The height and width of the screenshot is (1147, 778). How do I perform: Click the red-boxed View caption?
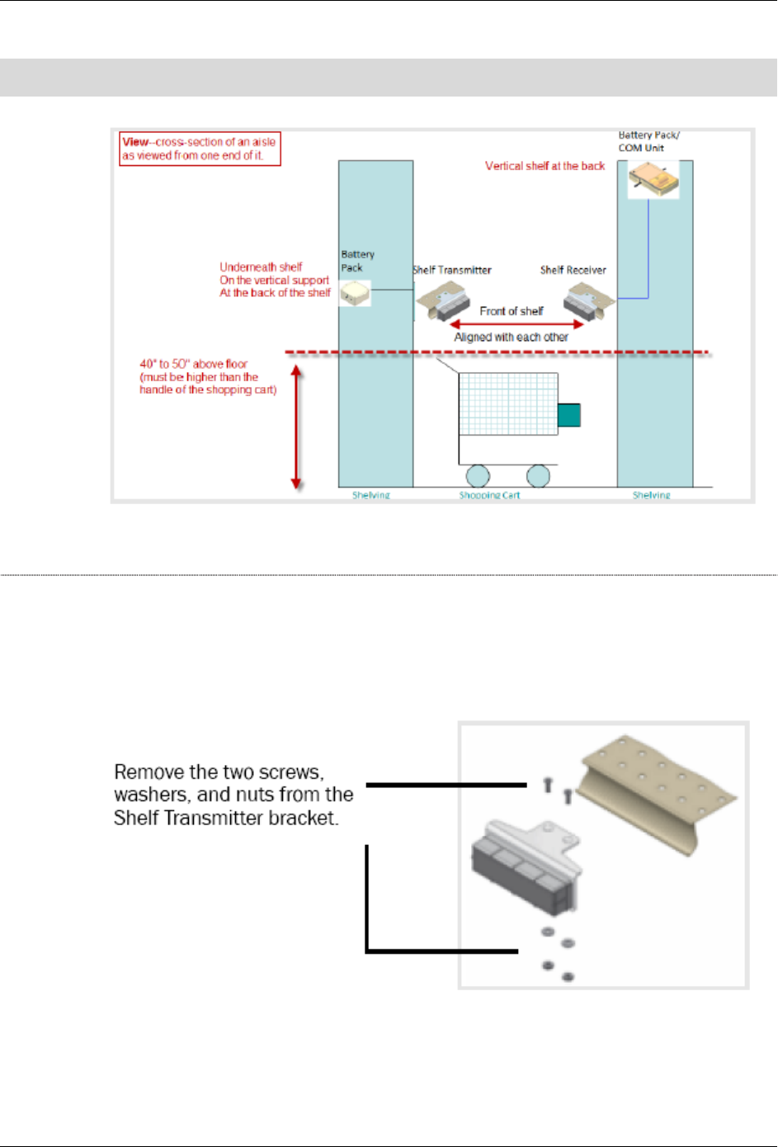(200, 149)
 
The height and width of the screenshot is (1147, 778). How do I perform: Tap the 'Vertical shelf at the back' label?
(545, 166)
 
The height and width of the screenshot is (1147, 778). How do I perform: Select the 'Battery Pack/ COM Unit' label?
(648, 141)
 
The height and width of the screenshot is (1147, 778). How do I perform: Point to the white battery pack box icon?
(356, 293)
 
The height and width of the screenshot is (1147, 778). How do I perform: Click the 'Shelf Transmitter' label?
(452, 270)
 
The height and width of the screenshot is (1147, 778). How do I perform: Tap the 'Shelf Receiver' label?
(573, 270)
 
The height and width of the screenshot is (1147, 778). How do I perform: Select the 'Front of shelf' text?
(512, 311)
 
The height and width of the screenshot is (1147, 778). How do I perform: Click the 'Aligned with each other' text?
(511, 337)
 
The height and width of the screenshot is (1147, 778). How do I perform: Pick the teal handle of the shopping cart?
(568, 415)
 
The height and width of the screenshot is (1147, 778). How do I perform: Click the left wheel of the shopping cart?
(478, 476)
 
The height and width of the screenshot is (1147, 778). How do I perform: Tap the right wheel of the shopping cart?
(538, 476)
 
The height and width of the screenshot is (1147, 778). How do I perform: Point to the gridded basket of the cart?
(507, 404)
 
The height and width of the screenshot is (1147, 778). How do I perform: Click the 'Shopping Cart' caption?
(489, 495)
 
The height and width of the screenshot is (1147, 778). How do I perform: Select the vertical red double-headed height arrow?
(297, 427)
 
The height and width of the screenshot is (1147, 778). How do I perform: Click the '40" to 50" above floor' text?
(193, 364)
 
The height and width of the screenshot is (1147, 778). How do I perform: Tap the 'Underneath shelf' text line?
(261, 267)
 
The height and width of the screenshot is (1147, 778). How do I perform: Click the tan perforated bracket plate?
(656, 788)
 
